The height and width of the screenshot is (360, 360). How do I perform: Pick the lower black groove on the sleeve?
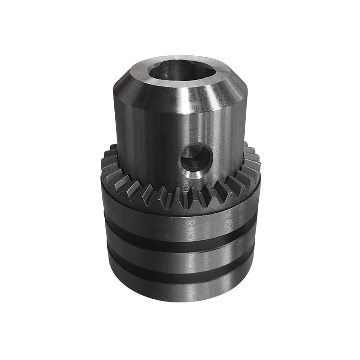[x=180, y=276]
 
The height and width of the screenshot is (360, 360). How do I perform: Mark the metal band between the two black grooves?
[x=180, y=260]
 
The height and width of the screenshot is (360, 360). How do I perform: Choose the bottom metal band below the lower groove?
[x=180, y=290]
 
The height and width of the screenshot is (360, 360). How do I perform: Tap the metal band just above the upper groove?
[x=180, y=225]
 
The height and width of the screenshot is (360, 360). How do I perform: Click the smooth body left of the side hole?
[x=148, y=148]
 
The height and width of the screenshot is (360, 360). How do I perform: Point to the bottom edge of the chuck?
[x=180, y=301]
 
